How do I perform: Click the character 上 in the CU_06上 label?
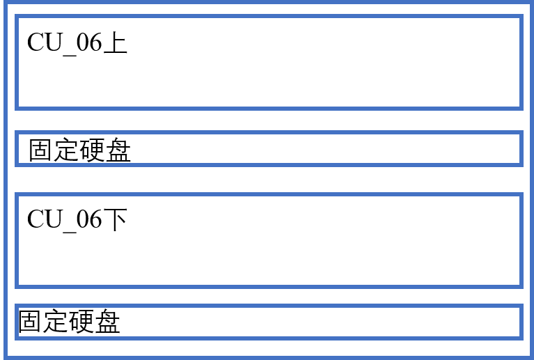(116, 42)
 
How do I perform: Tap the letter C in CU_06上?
(36, 42)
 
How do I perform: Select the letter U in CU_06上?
(54, 42)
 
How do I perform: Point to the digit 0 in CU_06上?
(83, 42)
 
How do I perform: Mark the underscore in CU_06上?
(70, 55)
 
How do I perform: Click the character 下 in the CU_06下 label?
(116, 219)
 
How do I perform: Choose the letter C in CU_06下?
(36, 219)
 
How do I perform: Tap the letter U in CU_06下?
(54, 219)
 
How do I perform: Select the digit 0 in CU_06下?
(83, 219)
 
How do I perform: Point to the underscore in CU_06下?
(70, 232)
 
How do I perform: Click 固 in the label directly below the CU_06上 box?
(40, 150)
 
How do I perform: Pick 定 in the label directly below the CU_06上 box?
(66, 150)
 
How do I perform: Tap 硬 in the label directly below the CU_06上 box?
(92, 150)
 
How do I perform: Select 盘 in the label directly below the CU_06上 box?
(118, 150)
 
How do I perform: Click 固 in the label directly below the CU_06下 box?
(29, 321)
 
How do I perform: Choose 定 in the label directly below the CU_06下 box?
(55, 321)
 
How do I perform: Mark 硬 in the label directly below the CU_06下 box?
(81, 321)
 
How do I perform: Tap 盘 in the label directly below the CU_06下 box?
(107, 321)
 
